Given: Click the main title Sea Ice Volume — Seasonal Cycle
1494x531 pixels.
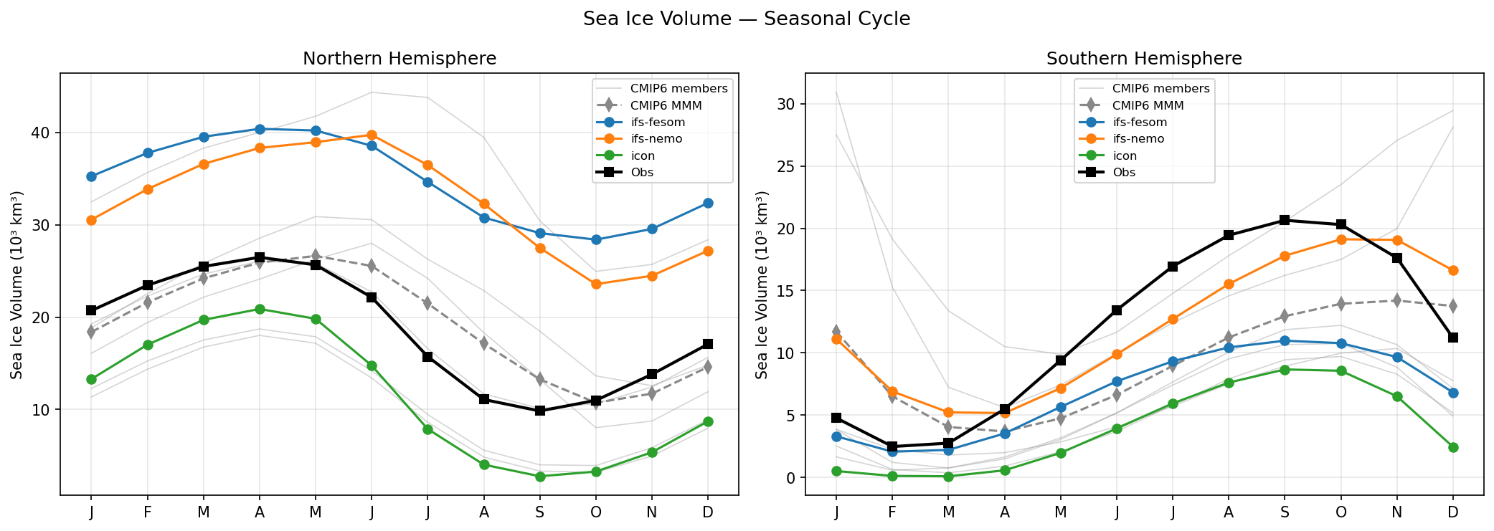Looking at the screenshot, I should tap(746, 19).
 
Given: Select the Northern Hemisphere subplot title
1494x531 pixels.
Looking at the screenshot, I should tap(399, 59).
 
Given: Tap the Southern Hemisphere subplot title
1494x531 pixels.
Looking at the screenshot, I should tap(1144, 59).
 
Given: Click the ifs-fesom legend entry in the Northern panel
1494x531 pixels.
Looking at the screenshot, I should tap(657, 123).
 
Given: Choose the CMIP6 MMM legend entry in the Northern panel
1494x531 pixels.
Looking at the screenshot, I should tap(666, 105).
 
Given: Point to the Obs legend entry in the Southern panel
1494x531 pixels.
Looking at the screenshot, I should tap(1124, 173).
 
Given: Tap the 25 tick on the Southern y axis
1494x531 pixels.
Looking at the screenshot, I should tap(788, 166).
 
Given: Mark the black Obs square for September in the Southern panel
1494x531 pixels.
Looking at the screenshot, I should tap(1285, 220).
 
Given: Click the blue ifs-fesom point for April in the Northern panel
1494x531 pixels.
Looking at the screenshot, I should tap(260, 129).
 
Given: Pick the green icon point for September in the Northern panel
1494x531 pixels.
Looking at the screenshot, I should tap(540, 477).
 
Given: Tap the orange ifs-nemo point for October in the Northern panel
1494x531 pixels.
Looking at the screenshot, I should tap(596, 284).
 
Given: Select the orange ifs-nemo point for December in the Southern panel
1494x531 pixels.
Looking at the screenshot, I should tap(1453, 270).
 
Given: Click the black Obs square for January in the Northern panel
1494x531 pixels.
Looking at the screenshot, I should tap(91, 310).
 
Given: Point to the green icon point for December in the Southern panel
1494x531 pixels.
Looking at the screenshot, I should tap(1453, 447).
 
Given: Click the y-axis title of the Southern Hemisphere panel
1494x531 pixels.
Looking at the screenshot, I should tap(762, 284).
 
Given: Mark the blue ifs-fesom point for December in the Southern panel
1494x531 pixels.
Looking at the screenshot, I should tap(1453, 393).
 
